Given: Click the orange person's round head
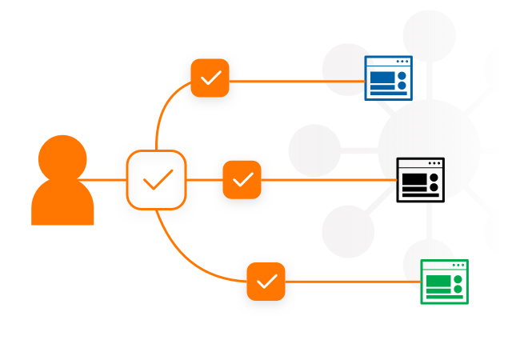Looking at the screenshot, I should click(x=62, y=158).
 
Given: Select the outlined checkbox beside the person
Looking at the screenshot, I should click(x=156, y=180).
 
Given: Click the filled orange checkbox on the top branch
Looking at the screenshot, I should click(x=210, y=78).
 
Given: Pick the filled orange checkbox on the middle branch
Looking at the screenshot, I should click(x=242, y=180).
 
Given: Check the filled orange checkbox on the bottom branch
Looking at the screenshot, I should click(x=266, y=282).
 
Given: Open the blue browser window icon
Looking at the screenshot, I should click(x=388, y=78).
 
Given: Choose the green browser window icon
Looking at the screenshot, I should click(x=444, y=282).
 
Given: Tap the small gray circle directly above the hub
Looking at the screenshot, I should click(x=429, y=35).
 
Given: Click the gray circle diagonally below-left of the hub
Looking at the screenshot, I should click(x=348, y=231).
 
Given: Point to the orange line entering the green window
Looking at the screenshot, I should click(x=352, y=282).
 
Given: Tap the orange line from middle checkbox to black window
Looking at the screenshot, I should click(x=328, y=180).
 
